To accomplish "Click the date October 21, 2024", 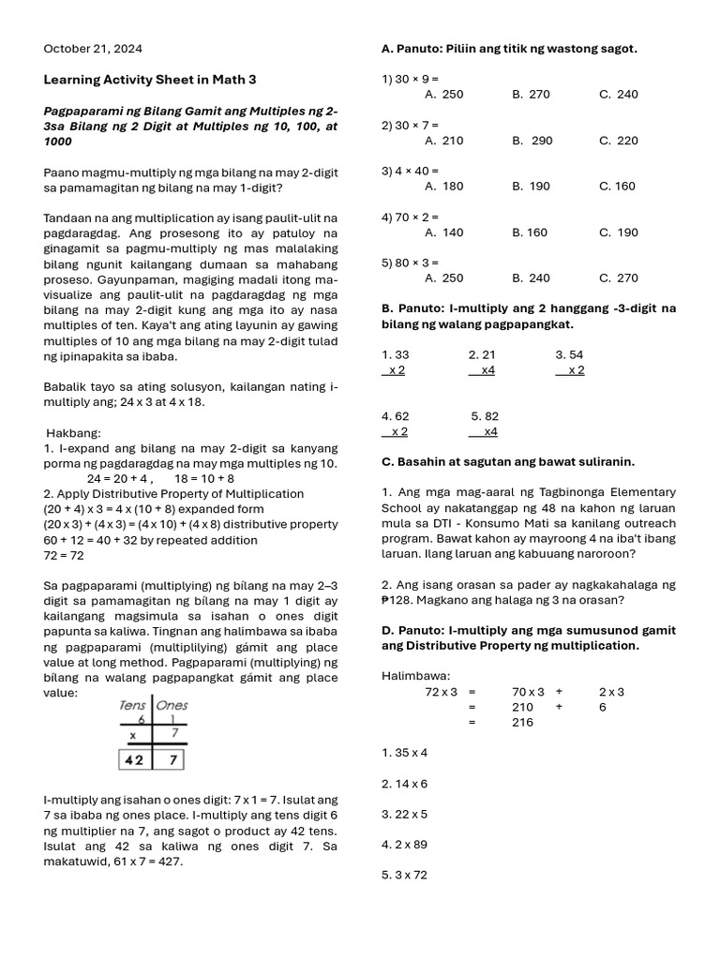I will (94, 49).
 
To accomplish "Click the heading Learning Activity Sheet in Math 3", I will (150, 80).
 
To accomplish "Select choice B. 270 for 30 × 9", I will (532, 95).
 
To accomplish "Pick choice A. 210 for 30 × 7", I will (443, 141).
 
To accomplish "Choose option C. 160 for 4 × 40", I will (617, 187).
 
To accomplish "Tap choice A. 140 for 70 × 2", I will (443, 232).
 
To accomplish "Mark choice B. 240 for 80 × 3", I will (532, 278).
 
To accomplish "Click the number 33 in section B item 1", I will (401, 355).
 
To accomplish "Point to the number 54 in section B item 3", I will (576, 355).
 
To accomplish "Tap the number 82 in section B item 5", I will (491, 416).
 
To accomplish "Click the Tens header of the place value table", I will (133, 705).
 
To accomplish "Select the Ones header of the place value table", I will (172, 705).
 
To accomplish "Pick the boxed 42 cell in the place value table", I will (135, 759).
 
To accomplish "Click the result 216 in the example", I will (522, 723).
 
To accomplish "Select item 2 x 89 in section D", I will (404, 845).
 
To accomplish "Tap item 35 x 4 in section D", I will (404, 753).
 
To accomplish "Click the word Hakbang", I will (73, 433).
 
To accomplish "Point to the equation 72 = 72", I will (64, 556).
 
